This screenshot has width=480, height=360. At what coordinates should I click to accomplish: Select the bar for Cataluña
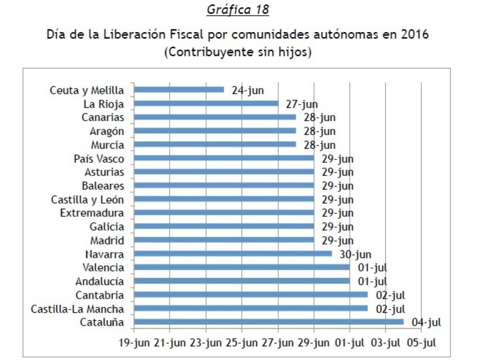coord(269,322)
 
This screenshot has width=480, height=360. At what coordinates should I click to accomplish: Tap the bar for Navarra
coord(233,254)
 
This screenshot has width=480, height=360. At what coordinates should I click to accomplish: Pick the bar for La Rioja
coord(206,103)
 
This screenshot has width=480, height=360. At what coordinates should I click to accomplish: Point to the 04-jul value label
coord(426,322)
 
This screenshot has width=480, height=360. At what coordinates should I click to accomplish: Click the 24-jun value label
coord(247,89)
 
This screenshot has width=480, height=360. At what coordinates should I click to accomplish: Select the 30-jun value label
coord(355,254)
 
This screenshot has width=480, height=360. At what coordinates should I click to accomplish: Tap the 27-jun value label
coord(301,103)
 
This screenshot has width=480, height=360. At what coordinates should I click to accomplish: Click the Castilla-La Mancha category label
coord(78,308)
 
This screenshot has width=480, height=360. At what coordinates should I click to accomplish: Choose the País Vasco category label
coord(99,159)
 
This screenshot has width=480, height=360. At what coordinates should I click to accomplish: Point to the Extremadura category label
coord(92,213)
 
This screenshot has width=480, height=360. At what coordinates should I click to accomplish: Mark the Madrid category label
coord(107,240)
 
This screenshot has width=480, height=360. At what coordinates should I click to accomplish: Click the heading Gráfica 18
coord(238,10)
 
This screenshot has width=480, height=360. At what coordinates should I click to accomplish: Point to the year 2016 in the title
coord(415,35)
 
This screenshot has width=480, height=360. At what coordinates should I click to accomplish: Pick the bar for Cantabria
coord(251,295)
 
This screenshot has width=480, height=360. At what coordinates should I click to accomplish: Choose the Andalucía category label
coord(99,281)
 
